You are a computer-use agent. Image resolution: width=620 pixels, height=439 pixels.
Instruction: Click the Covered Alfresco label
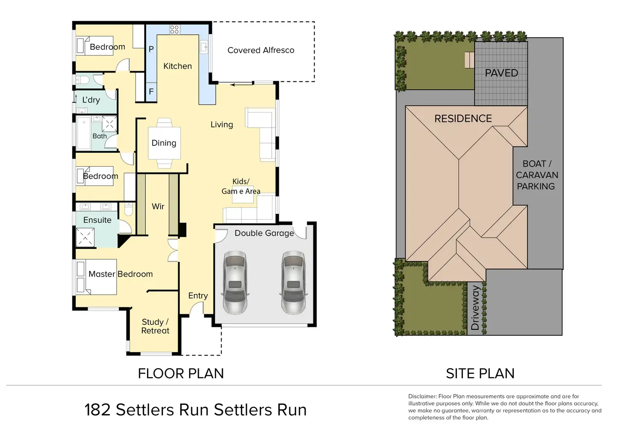pos(261,50)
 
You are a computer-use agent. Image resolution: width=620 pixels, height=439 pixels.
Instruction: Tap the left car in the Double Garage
pos(235,282)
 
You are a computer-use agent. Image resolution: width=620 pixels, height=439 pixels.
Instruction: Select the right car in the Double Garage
pos(293,282)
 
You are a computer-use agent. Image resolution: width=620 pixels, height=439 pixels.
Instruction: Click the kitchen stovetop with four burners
pos(174,30)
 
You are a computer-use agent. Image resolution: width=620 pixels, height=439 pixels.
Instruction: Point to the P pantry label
pos(151,49)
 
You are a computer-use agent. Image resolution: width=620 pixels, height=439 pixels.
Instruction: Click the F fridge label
pos(151,92)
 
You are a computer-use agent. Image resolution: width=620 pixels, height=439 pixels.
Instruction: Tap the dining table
pos(164,143)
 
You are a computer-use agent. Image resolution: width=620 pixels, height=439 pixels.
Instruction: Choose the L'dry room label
pos(91,100)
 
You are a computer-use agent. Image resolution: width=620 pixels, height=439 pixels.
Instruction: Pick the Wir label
pos(158,206)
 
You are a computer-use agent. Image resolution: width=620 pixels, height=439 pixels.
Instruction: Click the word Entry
pos(198,296)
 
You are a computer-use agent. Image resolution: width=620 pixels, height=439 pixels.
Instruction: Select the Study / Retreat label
pos(155,326)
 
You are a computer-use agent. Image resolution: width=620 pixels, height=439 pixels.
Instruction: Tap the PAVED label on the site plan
pos(501,73)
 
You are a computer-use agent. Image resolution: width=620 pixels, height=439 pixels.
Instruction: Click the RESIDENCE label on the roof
pos(463,119)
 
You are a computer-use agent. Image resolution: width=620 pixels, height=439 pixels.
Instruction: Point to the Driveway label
pos(475,308)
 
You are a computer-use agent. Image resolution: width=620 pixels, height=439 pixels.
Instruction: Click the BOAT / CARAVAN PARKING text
pos(537,175)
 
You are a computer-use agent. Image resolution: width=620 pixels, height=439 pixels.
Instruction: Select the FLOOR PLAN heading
pos(181,373)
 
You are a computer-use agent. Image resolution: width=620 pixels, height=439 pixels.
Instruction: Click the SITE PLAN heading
pos(480,373)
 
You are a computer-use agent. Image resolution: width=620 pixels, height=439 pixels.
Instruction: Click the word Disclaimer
pos(422,396)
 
